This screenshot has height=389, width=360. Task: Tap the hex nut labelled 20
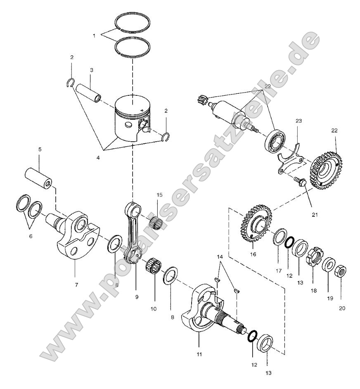pyautogui.click(x=341, y=271)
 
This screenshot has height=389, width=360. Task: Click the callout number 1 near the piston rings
pyautogui.click(x=94, y=36)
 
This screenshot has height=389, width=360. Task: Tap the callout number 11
pyautogui.click(x=199, y=343)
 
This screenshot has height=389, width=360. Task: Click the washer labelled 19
pyautogui.click(x=329, y=264)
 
